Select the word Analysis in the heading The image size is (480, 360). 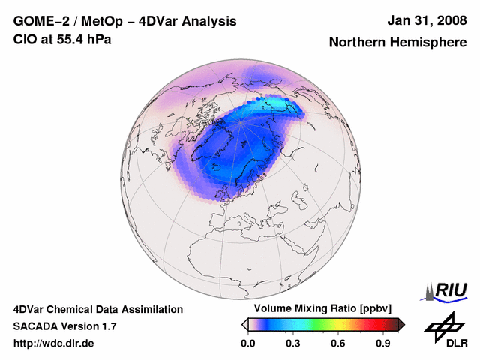point(210,21)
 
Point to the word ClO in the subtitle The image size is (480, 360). point(25,39)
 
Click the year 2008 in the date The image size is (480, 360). point(448,20)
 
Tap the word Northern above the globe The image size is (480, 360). point(357,43)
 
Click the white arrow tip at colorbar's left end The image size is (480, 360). point(244,324)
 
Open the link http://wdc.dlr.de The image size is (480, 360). point(54,343)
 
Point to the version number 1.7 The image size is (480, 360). point(108,326)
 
